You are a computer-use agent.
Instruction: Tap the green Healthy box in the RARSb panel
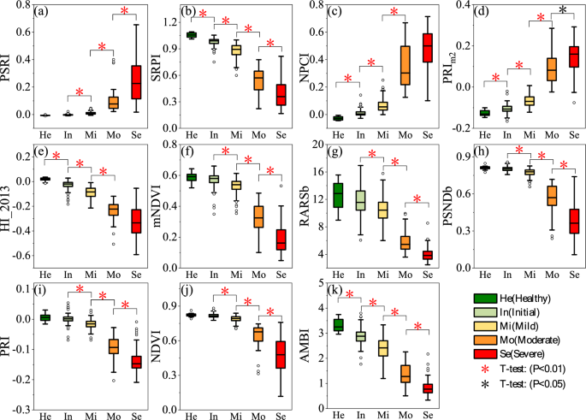tap(338, 195)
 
